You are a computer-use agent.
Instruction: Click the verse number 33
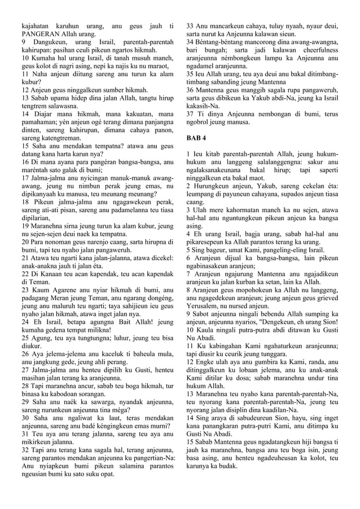190,26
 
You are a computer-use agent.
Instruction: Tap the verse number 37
190,113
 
